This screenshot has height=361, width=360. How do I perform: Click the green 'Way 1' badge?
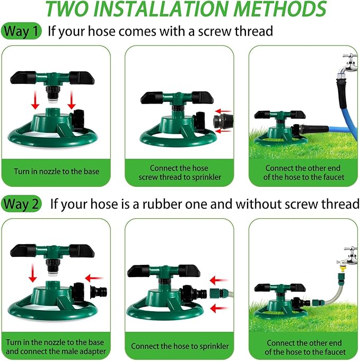(x=22, y=31)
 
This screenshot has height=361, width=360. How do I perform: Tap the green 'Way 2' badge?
(x=22, y=204)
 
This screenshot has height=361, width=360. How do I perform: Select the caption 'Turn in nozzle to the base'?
(x=56, y=171)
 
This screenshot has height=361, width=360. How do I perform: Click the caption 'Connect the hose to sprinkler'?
(x=180, y=347)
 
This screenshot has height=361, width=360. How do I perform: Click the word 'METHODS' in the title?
(x=281, y=10)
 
